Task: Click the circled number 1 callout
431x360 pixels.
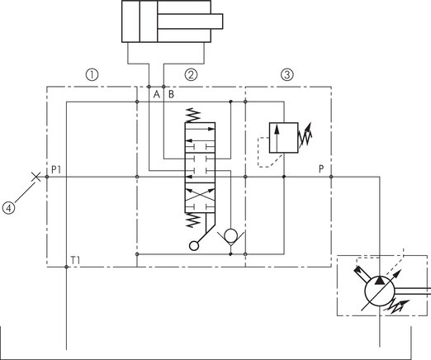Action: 92,75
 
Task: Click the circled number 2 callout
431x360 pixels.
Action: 191,75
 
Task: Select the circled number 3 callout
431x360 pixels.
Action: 287,75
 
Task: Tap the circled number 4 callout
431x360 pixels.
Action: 9,208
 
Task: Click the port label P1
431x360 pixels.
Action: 56,170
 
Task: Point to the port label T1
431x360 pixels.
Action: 75,260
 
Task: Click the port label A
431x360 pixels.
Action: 157,95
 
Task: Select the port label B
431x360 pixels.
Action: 171,95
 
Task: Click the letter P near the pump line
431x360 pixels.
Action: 321,169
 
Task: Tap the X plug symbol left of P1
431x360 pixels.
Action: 36,177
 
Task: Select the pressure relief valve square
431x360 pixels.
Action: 283,138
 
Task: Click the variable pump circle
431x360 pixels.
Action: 380,291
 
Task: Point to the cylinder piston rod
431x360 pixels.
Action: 190,21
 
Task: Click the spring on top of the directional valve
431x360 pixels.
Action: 193,115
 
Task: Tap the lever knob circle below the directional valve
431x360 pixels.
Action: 194,246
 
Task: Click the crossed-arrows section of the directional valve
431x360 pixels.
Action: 200,197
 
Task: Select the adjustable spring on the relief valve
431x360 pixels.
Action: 305,135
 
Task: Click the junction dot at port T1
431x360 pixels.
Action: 66,267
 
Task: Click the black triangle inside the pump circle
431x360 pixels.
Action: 380,280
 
